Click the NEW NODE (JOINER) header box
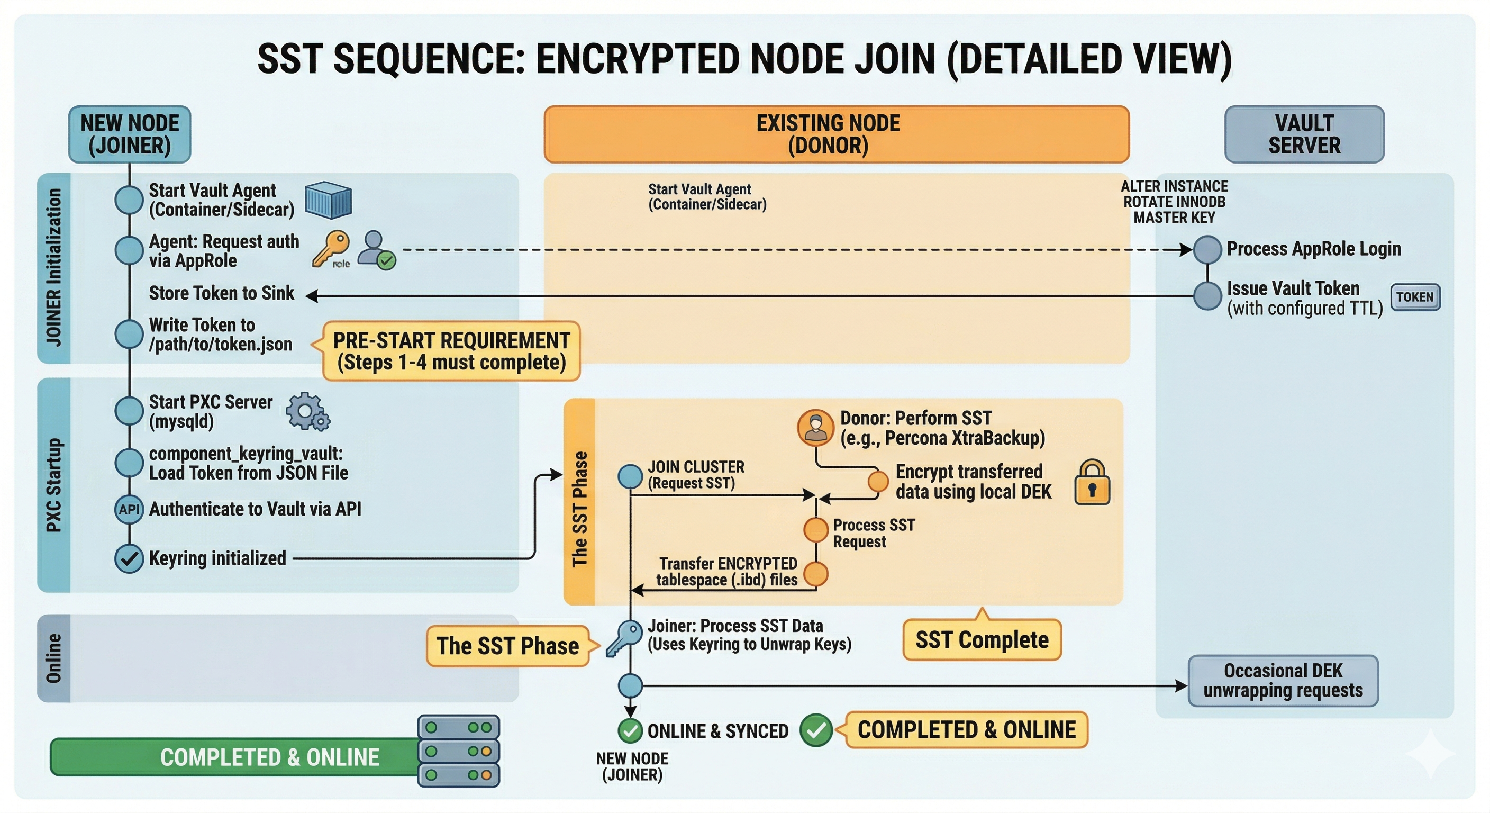[x=130, y=134]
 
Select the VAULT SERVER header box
[x=1304, y=134]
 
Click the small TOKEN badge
[x=1415, y=297]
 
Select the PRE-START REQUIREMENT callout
[x=451, y=351]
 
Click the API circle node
[x=129, y=510]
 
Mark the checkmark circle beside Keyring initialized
[x=129, y=559]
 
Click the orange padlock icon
[x=1092, y=483]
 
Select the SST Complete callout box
[x=982, y=639]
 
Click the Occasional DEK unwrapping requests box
[x=1283, y=681]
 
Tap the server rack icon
[x=459, y=751]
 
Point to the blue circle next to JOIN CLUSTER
[x=631, y=476]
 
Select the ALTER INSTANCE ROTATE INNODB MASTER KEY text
[x=1174, y=202]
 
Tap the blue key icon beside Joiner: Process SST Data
[x=623, y=638]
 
